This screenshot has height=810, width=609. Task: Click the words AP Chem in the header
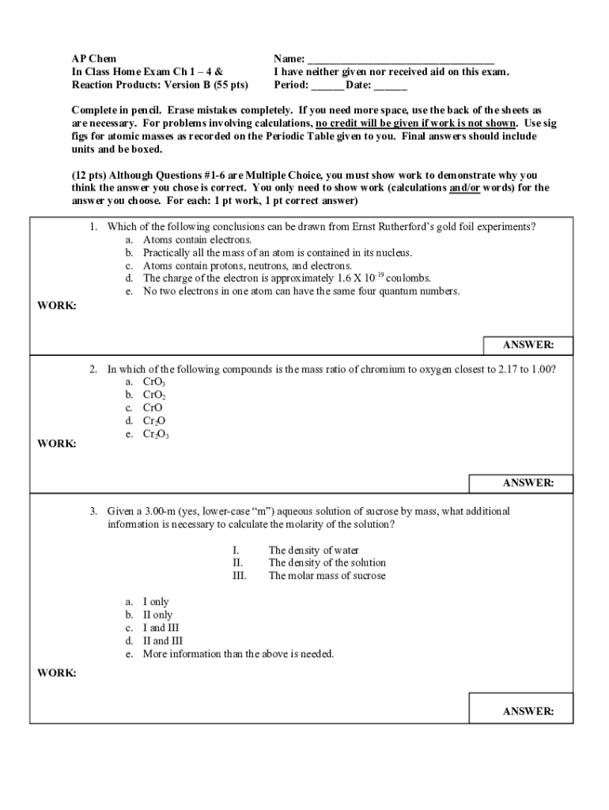93,59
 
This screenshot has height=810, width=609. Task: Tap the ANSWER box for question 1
528,346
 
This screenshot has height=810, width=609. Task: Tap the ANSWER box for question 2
528,483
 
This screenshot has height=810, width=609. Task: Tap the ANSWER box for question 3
528,711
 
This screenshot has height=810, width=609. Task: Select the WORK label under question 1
57,306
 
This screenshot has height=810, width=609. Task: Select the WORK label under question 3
57,673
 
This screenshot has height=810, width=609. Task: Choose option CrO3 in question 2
153,382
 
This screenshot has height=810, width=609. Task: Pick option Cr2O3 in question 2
156,434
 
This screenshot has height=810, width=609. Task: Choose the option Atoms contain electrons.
197,240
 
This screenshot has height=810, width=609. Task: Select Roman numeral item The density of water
313,551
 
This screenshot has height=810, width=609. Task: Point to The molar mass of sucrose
327,576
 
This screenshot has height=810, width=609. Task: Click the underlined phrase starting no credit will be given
416,123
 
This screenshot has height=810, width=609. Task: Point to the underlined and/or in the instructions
464,188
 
